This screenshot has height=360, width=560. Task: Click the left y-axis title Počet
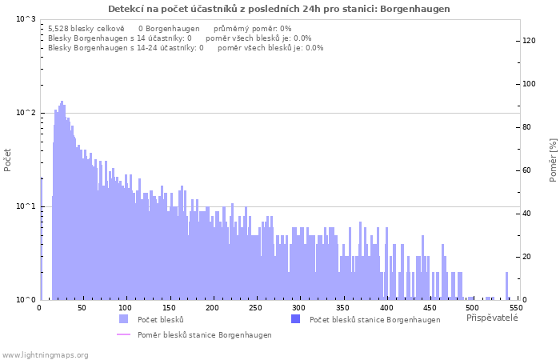[8, 159]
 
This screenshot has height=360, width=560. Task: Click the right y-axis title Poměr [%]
[552, 159]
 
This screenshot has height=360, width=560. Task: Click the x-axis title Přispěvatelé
[492, 318]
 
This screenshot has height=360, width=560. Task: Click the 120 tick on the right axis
[528, 41]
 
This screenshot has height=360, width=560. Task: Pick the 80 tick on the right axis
[528, 127]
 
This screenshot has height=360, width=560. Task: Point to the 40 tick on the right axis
[528, 214]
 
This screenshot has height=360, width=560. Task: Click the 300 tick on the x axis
[299, 307]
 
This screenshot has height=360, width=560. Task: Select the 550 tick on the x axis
[515, 307]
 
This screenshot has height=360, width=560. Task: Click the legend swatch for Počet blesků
[123, 319]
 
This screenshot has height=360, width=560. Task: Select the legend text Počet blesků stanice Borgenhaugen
[374, 320]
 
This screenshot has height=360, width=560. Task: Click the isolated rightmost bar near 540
[506, 286]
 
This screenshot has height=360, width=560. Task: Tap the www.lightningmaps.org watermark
[46, 355]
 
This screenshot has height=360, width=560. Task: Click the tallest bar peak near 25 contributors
[62, 102]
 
